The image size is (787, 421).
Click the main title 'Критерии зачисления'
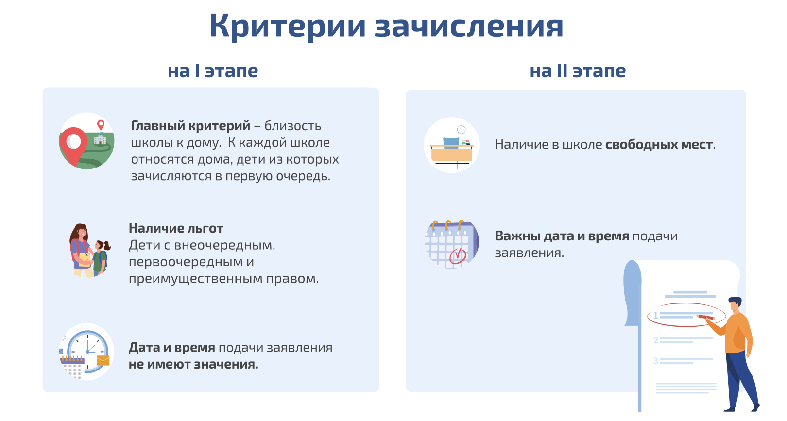pyautogui.click(x=386, y=26)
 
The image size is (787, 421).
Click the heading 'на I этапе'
pyautogui.click(x=213, y=71)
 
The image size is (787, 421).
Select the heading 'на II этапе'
pyautogui.click(x=578, y=71)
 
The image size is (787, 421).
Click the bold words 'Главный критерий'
pyautogui.click(x=190, y=125)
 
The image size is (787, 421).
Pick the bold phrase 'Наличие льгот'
pyautogui.click(x=176, y=228)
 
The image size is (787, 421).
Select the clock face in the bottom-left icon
pyautogui.click(x=88, y=351)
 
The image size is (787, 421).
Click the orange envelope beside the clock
pyautogui.click(x=103, y=360)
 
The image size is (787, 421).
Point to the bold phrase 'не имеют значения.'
pyautogui.click(x=193, y=365)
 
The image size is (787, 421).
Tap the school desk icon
pyautogui.click(x=452, y=152)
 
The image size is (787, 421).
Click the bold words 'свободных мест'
pyautogui.click(x=659, y=144)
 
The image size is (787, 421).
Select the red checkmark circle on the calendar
pyautogui.click(x=458, y=255)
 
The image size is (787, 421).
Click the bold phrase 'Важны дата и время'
pyautogui.click(x=562, y=236)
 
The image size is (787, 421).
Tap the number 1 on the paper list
pyautogui.click(x=655, y=316)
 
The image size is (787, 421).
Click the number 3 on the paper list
pyautogui.click(x=656, y=361)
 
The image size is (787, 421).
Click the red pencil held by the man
pyautogui.click(x=705, y=317)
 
